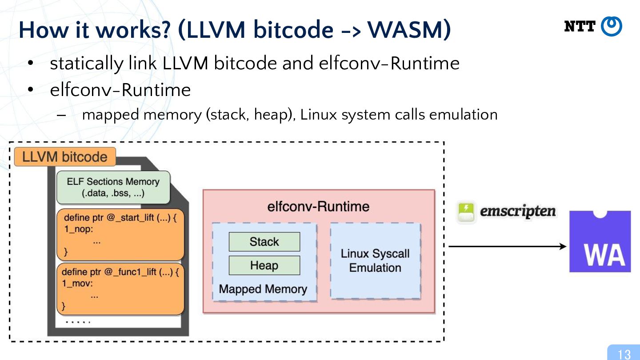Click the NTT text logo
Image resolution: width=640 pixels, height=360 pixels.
tap(580, 26)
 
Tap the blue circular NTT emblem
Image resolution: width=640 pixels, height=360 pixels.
tap(612, 26)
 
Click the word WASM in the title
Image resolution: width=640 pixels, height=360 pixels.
tap(406, 30)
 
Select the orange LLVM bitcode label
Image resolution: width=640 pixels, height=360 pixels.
tap(65, 157)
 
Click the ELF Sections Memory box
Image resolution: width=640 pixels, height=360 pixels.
tap(113, 188)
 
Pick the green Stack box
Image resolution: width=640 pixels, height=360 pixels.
tap(264, 242)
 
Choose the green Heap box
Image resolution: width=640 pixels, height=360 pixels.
tap(264, 265)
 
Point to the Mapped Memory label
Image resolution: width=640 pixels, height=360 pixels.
tap(263, 289)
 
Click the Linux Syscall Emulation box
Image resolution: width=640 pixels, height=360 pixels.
tap(376, 261)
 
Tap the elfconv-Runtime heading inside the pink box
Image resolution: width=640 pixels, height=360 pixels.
tap(318, 207)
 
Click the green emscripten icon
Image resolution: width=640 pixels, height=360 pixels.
tap(466, 212)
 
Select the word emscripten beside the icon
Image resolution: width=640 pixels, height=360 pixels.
tap(518, 212)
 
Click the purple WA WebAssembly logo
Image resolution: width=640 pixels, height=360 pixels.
tap(600, 241)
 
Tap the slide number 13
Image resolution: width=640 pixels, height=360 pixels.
tap(624, 354)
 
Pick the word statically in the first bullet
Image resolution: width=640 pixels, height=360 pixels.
tap(87, 64)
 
